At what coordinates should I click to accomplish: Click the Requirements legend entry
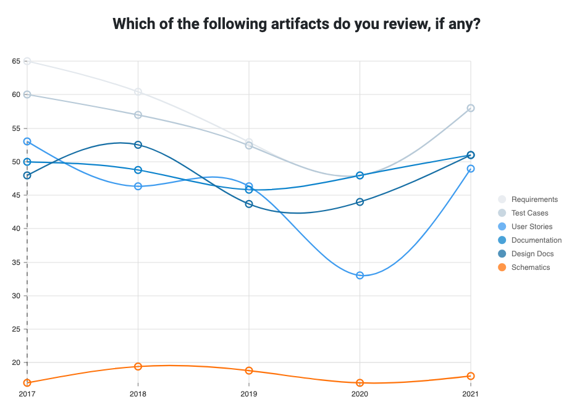point(534,199)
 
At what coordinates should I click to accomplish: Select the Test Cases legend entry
point(529,213)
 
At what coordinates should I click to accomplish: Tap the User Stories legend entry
point(531,227)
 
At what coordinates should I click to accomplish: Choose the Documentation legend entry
point(536,240)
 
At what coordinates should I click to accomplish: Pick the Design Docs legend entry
point(532,254)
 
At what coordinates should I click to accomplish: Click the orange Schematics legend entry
point(530,267)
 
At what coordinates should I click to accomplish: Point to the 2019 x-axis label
point(249,393)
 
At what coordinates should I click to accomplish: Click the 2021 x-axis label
point(470,393)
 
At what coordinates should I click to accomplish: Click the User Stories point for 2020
point(360,275)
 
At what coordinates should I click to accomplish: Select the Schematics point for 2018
point(138,367)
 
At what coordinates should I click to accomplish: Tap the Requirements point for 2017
point(27,61)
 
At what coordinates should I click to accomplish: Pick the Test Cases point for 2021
point(471,108)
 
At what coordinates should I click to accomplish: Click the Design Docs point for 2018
point(138,145)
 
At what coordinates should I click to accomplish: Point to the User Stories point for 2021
point(471,169)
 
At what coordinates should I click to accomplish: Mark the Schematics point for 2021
point(471,376)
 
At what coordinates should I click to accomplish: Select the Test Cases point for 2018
point(138,115)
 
